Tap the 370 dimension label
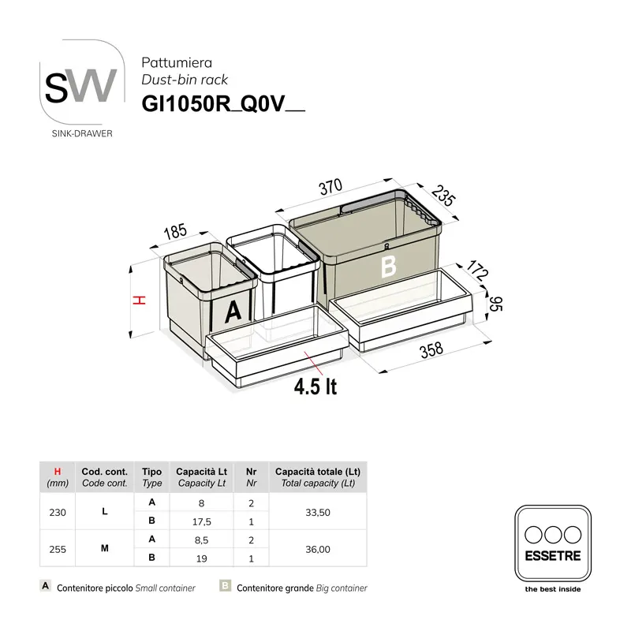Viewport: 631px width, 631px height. coord(330,188)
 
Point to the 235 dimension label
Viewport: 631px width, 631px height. coord(444,196)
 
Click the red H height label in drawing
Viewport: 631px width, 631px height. coord(137,300)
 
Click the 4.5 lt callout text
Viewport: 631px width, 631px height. coord(315,387)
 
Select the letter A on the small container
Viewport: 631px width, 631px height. coord(232,312)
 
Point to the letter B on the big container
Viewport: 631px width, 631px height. coord(387,267)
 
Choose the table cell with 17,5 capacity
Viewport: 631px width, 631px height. coord(203,521)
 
